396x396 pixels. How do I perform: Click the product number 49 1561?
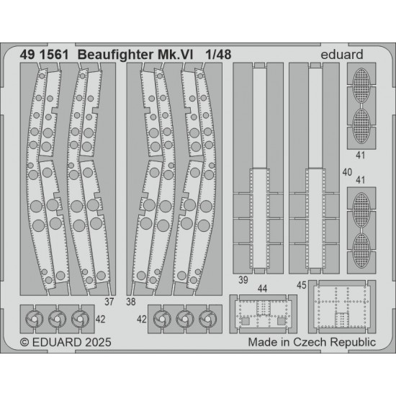point(44,55)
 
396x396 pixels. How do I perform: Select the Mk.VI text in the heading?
point(175,55)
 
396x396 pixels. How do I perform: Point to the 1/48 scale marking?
point(218,55)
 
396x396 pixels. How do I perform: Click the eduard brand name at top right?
point(342,55)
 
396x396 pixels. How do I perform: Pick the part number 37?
point(109,302)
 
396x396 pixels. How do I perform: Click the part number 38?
point(131,302)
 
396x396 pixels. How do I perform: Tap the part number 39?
point(243,280)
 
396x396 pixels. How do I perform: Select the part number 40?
point(347,172)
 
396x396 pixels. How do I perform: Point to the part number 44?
point(262,289)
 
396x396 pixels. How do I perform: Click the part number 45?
point(302,285)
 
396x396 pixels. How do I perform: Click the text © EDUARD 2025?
point(66,343)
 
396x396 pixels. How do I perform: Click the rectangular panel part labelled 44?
point(263,314)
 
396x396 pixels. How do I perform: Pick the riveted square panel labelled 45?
point(342,307)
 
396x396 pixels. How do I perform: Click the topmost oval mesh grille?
point(361,86)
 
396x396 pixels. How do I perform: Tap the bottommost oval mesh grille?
point(361,251)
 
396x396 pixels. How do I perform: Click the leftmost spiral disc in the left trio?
point(35,319)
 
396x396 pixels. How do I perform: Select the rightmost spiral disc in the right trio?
point(207,319)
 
